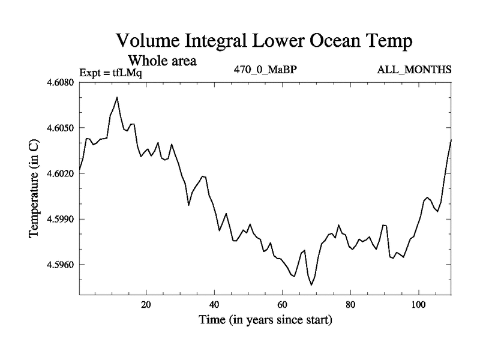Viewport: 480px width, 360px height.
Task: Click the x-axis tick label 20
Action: pos(146,304)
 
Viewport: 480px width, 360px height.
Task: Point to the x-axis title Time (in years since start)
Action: pos(265,320)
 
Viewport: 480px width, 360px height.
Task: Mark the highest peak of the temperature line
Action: pos(117,97)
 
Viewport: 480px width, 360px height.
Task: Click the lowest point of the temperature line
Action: pos(311,285)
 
